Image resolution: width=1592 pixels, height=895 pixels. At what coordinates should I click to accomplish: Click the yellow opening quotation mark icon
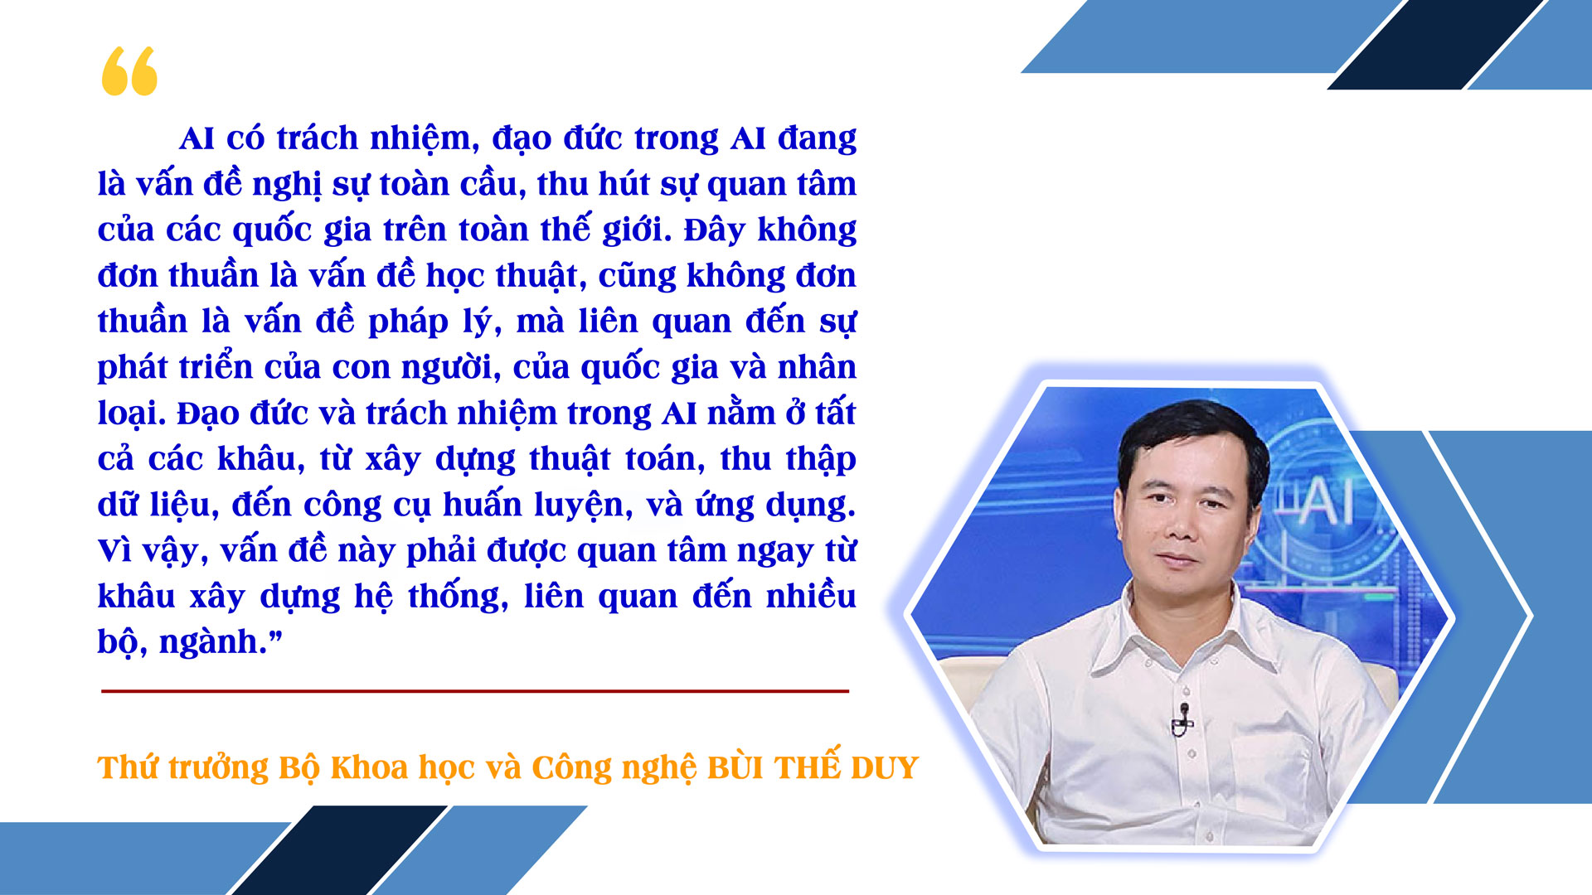[129, 71]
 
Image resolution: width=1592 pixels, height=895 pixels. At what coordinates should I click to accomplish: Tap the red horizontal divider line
[475, 690]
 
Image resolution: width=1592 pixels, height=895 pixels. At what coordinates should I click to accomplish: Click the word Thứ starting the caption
[128, 767]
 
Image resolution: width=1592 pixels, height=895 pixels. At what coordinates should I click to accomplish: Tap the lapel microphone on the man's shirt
[1183, 719]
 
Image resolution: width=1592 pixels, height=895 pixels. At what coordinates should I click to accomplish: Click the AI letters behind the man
[1327, 501]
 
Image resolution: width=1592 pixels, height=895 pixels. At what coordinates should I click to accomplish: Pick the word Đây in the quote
[714, 230]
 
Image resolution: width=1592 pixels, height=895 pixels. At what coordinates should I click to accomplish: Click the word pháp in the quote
[408, 322]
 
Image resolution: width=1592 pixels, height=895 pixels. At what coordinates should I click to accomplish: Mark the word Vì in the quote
[114, 550]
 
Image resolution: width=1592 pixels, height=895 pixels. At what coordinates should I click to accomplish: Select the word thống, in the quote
[458, 597]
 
